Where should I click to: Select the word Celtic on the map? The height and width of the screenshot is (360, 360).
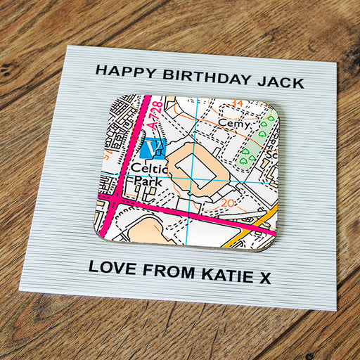(x=148, y=169)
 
